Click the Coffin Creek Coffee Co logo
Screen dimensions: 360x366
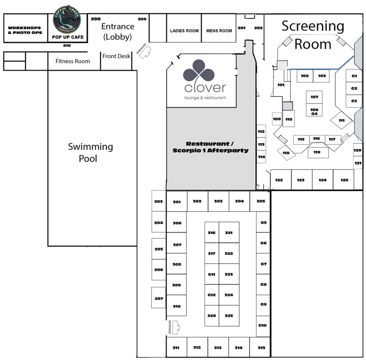click(x=67, y=19)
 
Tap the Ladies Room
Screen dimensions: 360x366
click(x=184, y=30)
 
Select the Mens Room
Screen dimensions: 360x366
click(x=219, y=30)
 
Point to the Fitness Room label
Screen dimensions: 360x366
click(x=73, y=61)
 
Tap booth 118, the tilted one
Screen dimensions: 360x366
click(x=286, y=153)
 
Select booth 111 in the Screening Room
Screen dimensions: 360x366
click(x=341, y=120)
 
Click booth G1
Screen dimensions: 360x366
click(x=354, y=76)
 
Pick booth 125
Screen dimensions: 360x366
click(x=344, y=180)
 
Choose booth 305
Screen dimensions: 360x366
click(x=261, y=201)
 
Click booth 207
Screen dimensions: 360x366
click(x=159, y=299)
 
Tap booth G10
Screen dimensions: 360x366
click(x=263, y=325)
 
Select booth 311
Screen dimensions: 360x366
click(x=176, y=348)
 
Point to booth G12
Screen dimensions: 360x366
click(x=211, y=295)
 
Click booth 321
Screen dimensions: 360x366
click(x=229, y=233)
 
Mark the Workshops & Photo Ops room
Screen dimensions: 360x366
click(x=25, y=30)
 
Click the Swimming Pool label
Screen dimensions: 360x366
click(x=90, y=152)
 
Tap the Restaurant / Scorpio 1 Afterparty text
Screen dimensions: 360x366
click(x=210, y=147)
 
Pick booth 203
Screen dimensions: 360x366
click(x=159, y=202)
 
